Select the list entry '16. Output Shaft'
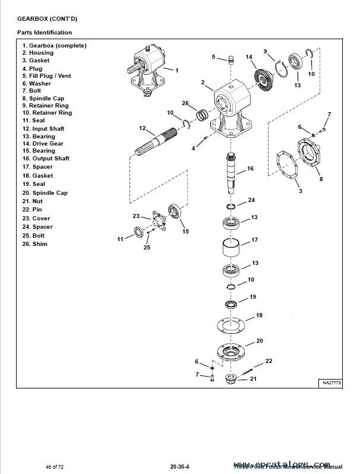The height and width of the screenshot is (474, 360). [x=46, y=159]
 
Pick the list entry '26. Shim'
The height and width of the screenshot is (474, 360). [x=34, y=244]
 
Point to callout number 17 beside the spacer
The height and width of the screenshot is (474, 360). [x=254, y=240]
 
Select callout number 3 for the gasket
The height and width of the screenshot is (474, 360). [x=300, y=191]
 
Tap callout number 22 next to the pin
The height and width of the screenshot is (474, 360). [x=269, y=361]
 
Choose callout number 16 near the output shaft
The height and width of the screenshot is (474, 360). [x=250, y=169]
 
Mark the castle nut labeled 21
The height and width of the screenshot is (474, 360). [x=230, y=380]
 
